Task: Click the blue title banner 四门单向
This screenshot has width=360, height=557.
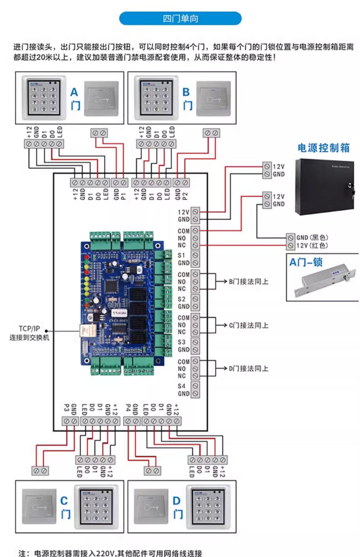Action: pyautogui.click(x=180, y=19)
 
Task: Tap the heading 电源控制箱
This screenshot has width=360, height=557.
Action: pyautogui.click(x=323, y=148)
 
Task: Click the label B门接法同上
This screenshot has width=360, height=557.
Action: pyautogui.click(x=249, y=281)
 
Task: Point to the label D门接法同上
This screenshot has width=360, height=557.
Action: pyautogui.click(x=249, y=368)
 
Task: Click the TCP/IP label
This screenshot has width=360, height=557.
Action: pyautogui.click(x=29, y=329)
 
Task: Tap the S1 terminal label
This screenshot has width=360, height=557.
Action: pyautogui.click(x=181, y=256)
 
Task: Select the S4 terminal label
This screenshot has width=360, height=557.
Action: pyautogui.click(x=181, y=386)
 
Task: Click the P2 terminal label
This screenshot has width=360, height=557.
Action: pyautogui.click(x=185, y=196)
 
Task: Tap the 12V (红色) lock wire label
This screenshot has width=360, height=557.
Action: pyautogui.click(x=312, y=246)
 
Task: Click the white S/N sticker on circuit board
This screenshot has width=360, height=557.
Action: pyautogui.click(x=119, y=313)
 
